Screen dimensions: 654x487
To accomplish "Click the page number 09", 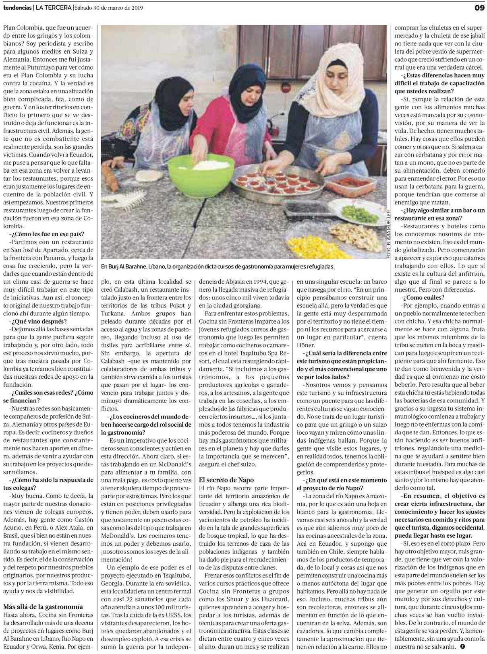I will click(479, 8).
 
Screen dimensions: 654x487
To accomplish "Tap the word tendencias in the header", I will click(17, 8).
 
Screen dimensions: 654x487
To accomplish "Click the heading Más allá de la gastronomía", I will click(43, 607).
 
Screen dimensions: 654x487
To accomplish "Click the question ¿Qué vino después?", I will click(38, 321).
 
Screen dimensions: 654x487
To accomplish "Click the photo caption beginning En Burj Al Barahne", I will click(218, 266).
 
